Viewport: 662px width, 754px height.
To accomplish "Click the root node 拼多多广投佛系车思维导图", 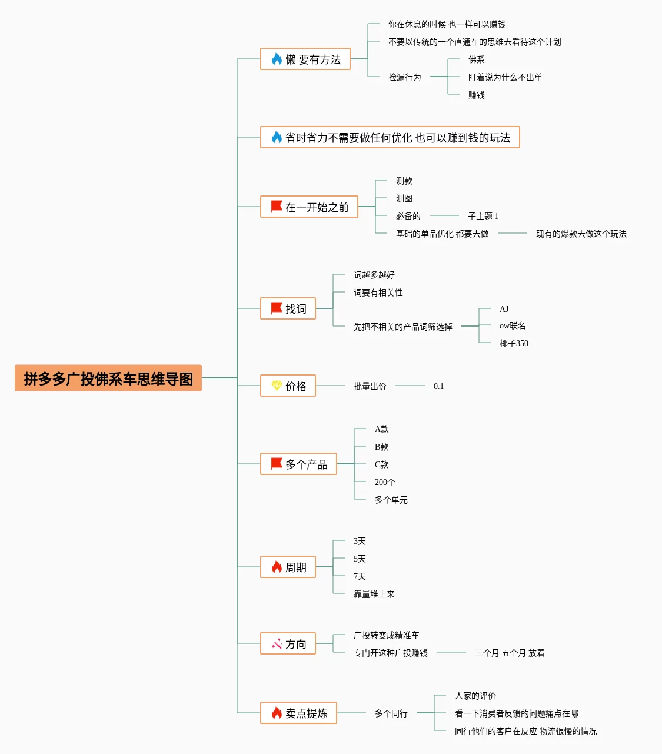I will point(108,378).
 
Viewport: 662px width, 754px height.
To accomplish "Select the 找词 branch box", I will point(288,309).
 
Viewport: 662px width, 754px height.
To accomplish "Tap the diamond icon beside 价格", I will point(277,386).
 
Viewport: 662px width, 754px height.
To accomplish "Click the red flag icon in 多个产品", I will point(276,464).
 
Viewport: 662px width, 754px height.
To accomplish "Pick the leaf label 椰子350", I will point(514,343).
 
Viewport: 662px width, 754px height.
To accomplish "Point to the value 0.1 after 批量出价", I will point(438,386).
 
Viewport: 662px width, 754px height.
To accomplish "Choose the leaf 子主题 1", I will point(483,216).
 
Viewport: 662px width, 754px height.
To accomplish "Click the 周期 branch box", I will point(288,567).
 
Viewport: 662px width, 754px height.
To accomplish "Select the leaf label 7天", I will point(360,576).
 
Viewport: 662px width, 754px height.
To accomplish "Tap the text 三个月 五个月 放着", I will point(509,653).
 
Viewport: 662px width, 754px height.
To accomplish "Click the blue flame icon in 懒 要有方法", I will point(277,59).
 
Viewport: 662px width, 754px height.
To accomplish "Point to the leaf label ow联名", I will point(513,325).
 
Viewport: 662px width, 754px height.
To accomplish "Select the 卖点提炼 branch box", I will point(298,713).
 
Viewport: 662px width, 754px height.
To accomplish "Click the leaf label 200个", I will point(385,482).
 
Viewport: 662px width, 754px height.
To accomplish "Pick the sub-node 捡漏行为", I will point(404,77).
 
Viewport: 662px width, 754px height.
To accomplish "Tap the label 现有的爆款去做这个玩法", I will point(581,234).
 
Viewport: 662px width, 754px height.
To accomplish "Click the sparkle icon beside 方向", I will point(277,644).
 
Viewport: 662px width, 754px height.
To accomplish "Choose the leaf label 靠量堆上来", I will point(374,594).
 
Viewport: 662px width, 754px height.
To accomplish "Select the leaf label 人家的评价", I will point(475,696).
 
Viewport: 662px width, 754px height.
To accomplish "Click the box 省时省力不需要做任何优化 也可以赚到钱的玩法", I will point(390,138).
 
